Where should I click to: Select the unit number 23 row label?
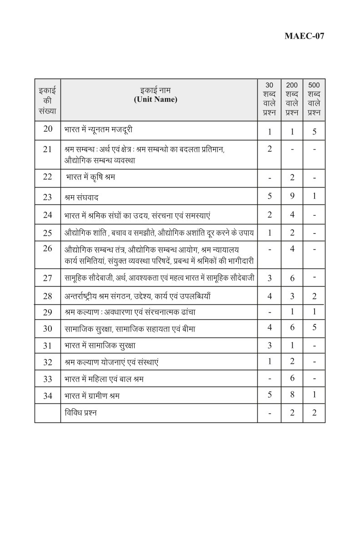click(x=48, y=197)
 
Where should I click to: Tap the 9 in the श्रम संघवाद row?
click(x=292, y=197)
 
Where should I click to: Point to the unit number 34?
click(x=48, y=395)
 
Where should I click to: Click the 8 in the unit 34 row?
click(x=292, y=395)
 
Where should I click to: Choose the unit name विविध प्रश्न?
click(x=80, y=412)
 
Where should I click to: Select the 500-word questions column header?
click(x=314, y=99)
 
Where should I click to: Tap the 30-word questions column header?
click(x=270, y=99)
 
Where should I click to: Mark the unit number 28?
click(x=48, y=296)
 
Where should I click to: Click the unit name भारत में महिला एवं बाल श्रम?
click(x=104, y=378)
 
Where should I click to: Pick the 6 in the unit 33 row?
click(x=292, y=378)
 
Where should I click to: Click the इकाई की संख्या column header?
click(x=48, y=99)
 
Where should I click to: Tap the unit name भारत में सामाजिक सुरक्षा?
click(x=100, y=345)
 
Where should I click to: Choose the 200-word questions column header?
click(x=292, y=99)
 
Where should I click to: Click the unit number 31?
click(x=48, y=345)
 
